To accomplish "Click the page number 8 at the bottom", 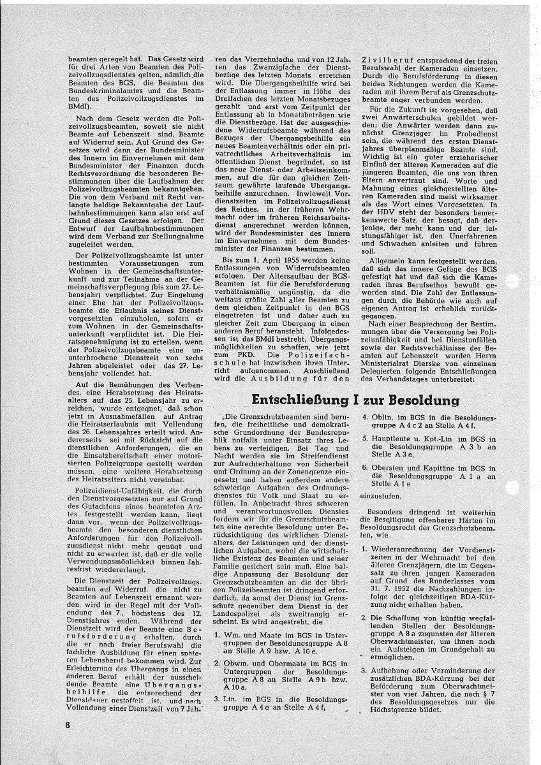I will pos(66,725).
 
